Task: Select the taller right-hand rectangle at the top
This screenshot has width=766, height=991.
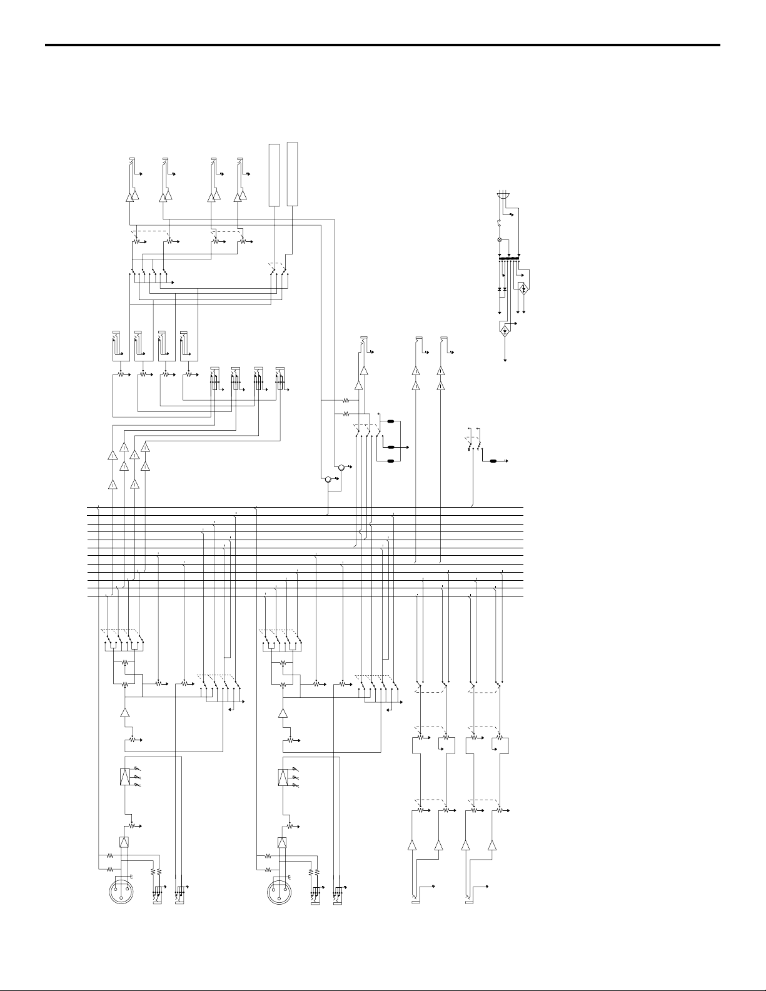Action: [x=292, y=174]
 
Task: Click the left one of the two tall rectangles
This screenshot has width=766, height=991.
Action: [x=273, y=175]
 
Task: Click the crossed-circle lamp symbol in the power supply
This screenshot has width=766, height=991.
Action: [x=499, y=240]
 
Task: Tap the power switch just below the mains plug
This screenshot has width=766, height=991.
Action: [x=499, y=223]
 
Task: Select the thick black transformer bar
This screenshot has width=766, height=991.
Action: [x=509, y=259]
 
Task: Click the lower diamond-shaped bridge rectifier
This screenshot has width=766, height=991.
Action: [x=505, y=330]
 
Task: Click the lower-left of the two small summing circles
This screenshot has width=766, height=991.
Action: [x=327, y=480]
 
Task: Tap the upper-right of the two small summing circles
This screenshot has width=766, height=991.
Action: [x=341, y=467]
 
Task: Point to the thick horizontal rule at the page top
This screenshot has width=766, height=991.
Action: [x=383, y=45]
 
